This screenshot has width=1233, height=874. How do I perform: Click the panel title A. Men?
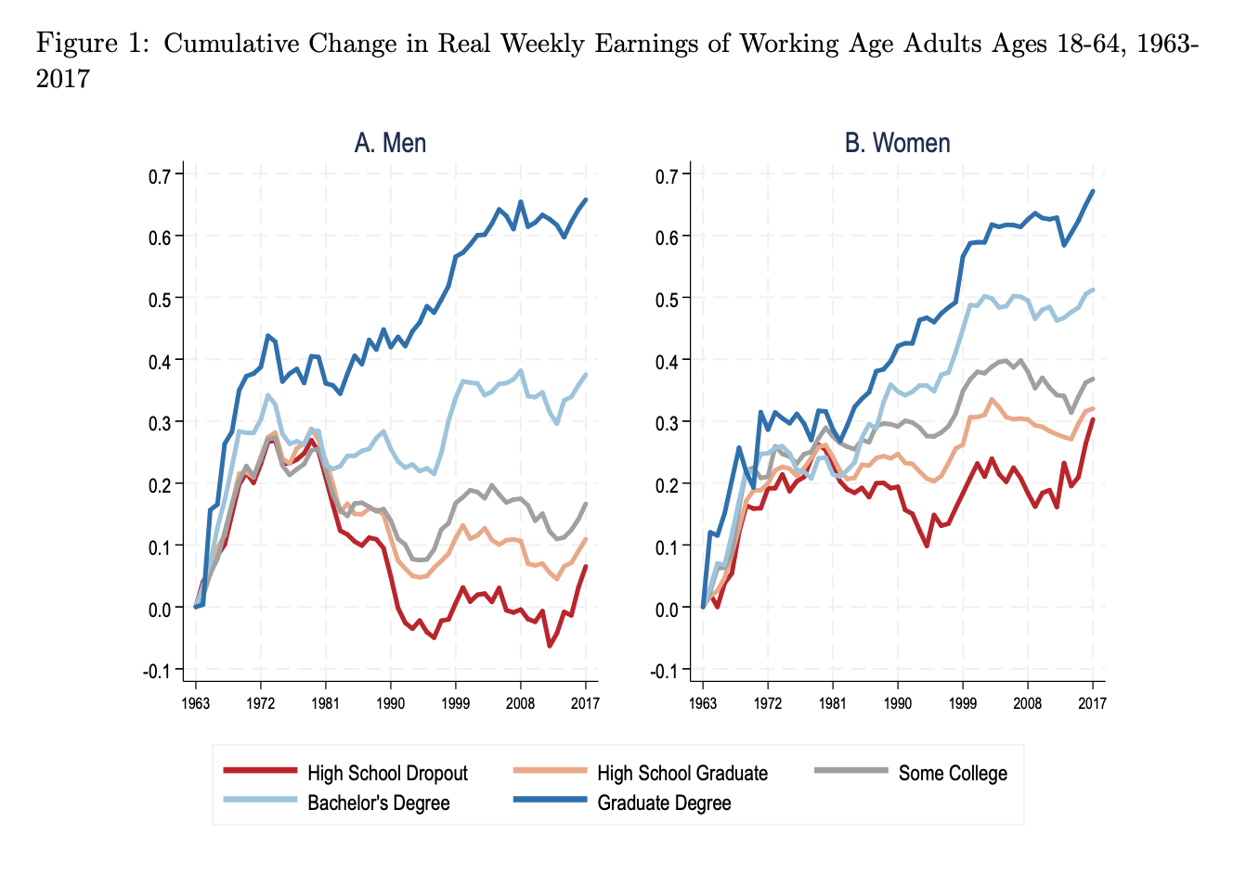(390, 143)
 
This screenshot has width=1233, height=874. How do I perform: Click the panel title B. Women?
(897, 143)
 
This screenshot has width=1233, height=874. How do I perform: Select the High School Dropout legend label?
(387, 773)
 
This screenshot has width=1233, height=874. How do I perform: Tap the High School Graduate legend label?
(681, 773)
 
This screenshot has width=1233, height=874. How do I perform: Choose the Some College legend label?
(952, 773)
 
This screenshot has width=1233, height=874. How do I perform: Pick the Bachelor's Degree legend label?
(378, 803)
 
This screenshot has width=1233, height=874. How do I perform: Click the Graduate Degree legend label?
(663, 803)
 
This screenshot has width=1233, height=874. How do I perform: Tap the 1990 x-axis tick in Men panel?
(390, 703)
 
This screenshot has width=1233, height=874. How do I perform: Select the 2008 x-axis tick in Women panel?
(1027, 703)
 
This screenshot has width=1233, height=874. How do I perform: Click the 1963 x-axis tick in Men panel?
(196, 703)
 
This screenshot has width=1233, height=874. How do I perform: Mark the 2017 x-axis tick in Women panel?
(1092, 703)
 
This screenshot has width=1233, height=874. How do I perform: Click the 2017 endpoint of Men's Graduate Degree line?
(586, 199)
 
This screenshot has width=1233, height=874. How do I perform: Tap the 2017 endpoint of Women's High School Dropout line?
(1093, 419)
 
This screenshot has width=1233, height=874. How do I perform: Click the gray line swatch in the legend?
(850, 771)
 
